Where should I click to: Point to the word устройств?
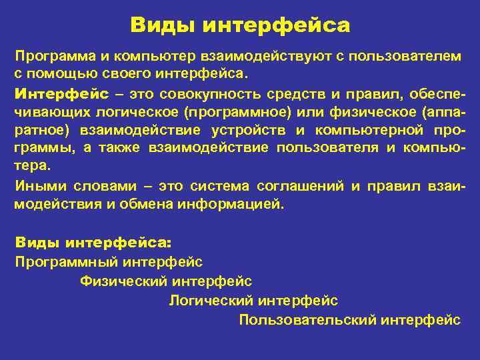point(255,129)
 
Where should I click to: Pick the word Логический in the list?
point(209,301)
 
